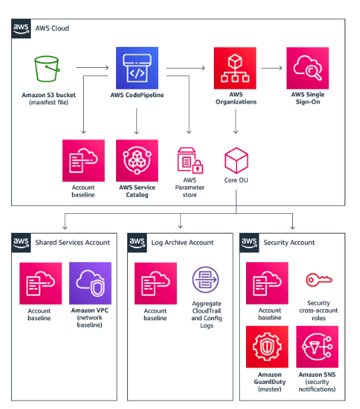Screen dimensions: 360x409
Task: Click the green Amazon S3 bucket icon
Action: coord(47,69)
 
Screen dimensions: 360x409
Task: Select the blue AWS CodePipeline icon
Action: coord(137,68)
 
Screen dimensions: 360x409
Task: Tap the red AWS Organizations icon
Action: coord(235,68)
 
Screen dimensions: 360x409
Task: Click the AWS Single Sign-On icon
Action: coord(308,68)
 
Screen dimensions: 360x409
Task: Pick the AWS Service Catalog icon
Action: coord(137,160)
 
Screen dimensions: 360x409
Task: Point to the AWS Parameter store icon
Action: coord(190,160)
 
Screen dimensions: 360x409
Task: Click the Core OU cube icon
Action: coord(236,160)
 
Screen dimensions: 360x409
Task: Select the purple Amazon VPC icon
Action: coord(90,283)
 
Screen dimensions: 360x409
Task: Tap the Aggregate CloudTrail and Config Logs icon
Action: coord(206,280)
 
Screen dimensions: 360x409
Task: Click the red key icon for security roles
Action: coord(319,280)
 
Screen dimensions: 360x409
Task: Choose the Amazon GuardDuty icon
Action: coord(267,347)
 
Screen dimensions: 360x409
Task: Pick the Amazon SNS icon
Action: coord(317,347)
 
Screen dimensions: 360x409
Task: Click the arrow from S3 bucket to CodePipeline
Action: coord(92,67)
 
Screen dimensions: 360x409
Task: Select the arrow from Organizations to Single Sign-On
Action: coord(272,68)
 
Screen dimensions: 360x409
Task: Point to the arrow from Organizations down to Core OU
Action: coord(236,121)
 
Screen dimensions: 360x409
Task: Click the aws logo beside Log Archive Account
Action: coord(137,243)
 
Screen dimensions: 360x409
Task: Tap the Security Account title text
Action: coord(289,243)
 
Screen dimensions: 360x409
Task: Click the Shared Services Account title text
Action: coord(73,243)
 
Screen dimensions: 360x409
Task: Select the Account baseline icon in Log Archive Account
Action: coord(155,283)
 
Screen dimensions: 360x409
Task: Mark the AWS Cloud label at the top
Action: coord(52,28)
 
